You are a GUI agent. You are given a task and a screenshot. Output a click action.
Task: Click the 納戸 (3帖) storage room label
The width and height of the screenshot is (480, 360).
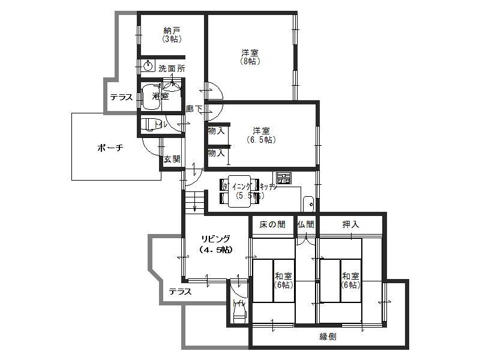[x=172, y=34]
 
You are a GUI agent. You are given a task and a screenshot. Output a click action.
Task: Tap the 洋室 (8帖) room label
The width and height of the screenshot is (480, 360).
[x=251, y=56]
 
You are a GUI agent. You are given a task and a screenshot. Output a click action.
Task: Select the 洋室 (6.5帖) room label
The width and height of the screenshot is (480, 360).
[x=260, y=134]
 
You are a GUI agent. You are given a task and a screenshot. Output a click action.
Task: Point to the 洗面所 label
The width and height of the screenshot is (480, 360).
[x=172, y=69]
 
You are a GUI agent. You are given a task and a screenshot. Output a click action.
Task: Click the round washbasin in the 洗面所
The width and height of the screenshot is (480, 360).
[x=148, y=65]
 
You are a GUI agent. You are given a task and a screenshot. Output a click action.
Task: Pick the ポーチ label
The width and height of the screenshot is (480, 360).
[x=110, y=148]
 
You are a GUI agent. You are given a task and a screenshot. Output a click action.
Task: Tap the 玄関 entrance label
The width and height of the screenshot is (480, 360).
[x=172, y=159]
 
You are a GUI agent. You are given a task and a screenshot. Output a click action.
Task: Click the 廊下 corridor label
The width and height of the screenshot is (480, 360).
[x=194, y=109]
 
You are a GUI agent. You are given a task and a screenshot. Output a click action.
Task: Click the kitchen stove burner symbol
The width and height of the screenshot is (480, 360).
[x=283, y=178]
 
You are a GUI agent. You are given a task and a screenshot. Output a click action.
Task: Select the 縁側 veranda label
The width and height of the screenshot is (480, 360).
[x=328, y=337]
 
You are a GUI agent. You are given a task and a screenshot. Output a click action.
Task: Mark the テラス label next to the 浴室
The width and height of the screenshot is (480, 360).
[x=121, y=97]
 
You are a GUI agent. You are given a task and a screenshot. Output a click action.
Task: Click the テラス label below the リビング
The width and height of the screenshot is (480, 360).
[x=179, y=292]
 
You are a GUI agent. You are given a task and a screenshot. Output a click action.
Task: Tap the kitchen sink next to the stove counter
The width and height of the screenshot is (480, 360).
[x=308, y=202]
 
